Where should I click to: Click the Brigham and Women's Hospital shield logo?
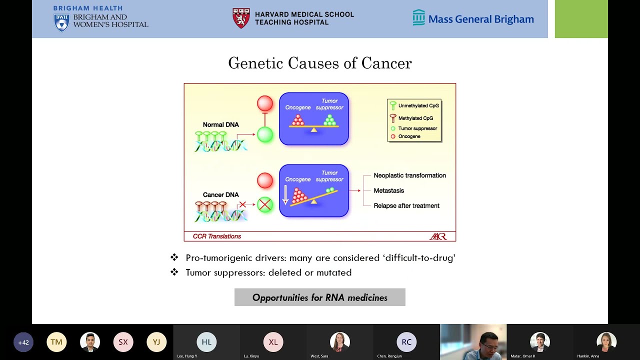(x=61, y=22)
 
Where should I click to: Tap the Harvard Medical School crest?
(x=241, y=18)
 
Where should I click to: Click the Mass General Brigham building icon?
(x=418, y=17)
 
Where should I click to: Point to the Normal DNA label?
(x=220, y=124)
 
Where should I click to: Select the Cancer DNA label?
(x=220, y=194)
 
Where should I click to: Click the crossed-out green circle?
(x=265, y=204)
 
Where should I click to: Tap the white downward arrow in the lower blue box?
(x=285, y=194)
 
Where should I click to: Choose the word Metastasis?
(x=388, y=190)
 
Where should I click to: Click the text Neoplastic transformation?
(x=409, y=175)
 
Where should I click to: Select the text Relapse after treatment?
(x=406, y=205)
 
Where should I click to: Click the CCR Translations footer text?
(x=216, y=236)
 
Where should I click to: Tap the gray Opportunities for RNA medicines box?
(x=319, y=297)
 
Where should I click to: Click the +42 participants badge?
(x=23, y=342)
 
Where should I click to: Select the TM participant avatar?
(x=56, y=342)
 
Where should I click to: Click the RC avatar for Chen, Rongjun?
(x=406, y=342)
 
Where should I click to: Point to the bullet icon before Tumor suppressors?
(x=174, y=272)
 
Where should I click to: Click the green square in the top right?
(x=581, y=19)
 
